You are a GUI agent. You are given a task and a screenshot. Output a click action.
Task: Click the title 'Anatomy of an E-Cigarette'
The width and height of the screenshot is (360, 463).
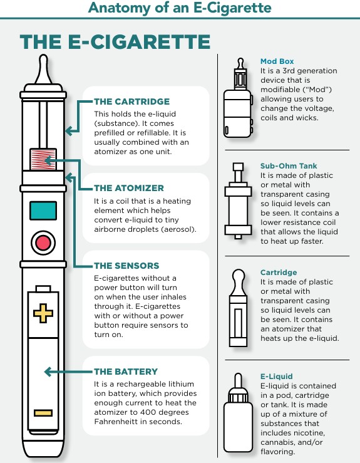[x=180, y=8]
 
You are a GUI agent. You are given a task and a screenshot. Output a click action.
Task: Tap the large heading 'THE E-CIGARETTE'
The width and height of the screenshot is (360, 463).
[x=115, y=42]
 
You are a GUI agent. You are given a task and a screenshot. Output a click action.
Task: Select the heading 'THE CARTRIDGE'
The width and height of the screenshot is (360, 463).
[x=131, y=101]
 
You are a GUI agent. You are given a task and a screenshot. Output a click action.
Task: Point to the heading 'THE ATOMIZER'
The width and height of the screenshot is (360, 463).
[x=129, y=188]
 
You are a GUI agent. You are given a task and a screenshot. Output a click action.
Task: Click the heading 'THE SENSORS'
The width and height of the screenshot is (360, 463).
[x=126, y=266]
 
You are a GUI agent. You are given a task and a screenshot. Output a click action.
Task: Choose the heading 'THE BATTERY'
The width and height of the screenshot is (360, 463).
[x=125, y=372]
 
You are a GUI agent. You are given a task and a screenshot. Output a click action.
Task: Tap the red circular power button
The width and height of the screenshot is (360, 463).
[x=43, y=242]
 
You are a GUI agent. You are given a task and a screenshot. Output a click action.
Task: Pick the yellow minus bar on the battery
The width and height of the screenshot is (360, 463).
[x=43, y=413]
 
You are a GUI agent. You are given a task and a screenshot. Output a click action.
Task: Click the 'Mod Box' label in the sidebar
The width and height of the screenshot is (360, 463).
[x=276, y=61]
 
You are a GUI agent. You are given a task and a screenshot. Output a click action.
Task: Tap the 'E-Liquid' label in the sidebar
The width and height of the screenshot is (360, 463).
[x=276, y=377]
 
